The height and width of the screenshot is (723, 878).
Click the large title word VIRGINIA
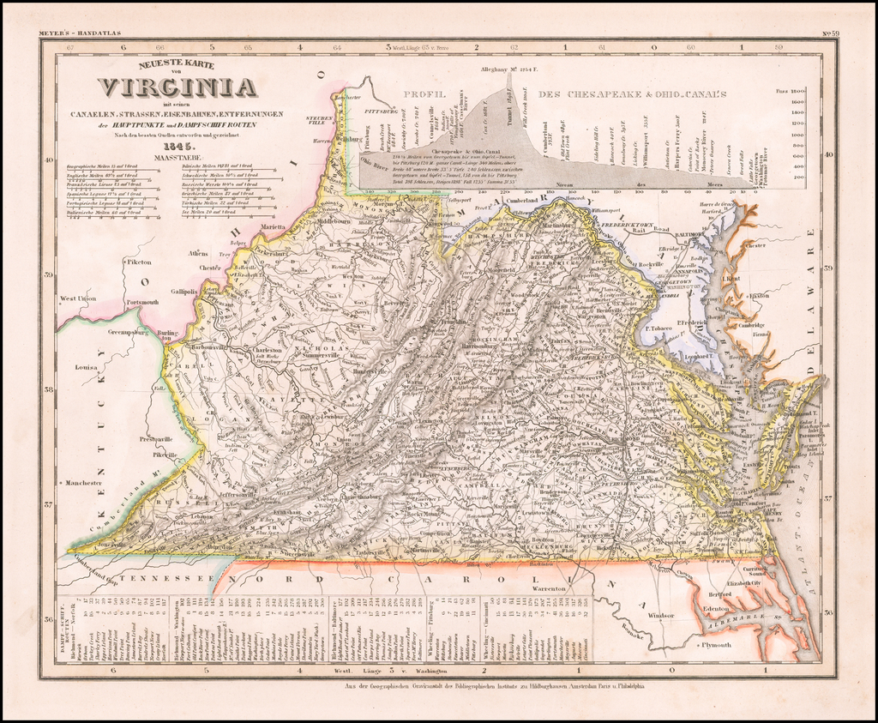pyautogui.click(x=177, y=87)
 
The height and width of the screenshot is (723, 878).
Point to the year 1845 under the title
pyautogui.click(x=176, y=146)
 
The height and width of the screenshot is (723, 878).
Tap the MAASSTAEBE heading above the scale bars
pyautogui.click(x=175, y=157)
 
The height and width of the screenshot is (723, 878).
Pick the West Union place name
pyautogui.click(x=78, y=298)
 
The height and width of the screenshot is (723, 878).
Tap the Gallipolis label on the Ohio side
pyautogui.click(x=184, y=292)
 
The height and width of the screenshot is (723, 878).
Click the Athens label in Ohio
pyautogui.click(x=198, y=253)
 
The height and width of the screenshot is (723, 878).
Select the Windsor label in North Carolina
pyautogui.click(x=660, y=615)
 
